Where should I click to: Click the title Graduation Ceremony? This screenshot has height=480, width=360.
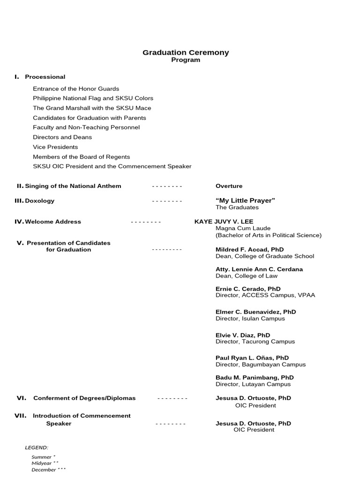tap(186, 52)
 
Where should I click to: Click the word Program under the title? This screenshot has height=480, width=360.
tap(186, 60)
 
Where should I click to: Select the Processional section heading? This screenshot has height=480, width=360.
tap(45, 77)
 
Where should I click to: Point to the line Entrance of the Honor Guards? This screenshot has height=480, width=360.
tap(76, 89)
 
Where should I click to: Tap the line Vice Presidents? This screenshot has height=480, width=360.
tap(55, 147)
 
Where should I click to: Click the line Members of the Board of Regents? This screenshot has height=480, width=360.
tap(81, 157)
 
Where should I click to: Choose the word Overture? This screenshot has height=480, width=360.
tap(229, 186)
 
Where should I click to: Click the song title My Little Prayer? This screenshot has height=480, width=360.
tap(245, 201)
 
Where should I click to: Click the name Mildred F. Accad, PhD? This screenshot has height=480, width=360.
tap(249, 250)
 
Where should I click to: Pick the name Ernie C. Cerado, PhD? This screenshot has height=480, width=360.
tap(248, 289)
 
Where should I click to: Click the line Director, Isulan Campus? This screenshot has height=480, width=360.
tap(250, 319)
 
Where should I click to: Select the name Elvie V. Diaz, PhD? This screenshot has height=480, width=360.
tap(243, 335)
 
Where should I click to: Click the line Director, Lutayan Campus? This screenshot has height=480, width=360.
tap(253, 384)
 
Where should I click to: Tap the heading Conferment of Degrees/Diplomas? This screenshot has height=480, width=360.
tap(84, 398)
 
